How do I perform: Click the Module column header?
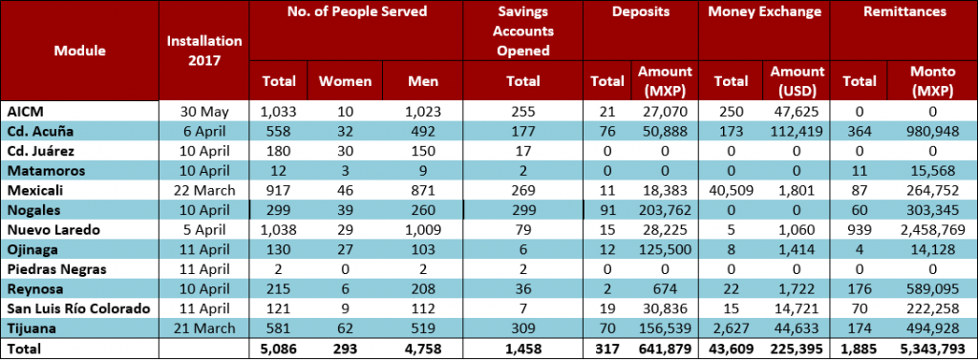tap(80, 51)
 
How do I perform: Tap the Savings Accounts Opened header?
tap(522, 32)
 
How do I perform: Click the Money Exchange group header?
tap(763, 11)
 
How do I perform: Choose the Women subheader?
tap(345, 81)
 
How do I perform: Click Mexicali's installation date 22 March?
tap(204, 190)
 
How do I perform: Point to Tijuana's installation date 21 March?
tap(204, 328)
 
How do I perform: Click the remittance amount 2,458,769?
tap(932, 229)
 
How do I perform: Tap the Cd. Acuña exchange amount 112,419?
tap(796, 132)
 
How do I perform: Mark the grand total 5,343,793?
tap(932, 349)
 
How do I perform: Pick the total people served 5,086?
tap(279, 349)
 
